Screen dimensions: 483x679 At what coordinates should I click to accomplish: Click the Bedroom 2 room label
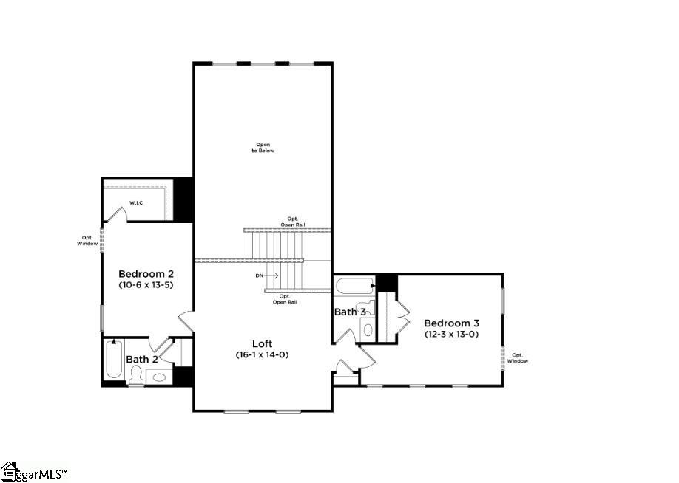(146, 273)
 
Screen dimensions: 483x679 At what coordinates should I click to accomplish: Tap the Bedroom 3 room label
(451, 323)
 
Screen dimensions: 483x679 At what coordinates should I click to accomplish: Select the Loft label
(263, 343)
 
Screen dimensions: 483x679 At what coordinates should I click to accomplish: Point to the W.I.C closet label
(136, 202)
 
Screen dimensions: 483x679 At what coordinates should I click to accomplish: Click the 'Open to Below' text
(264, 147)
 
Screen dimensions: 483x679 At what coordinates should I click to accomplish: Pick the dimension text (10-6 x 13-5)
(146, 284)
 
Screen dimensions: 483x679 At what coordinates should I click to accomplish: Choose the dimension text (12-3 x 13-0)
(451, 334)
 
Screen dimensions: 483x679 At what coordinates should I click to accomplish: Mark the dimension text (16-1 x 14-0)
(263, 354)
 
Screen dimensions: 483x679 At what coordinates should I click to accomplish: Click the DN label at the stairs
(260, 275)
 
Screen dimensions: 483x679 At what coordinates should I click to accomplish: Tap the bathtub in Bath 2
(113, 360)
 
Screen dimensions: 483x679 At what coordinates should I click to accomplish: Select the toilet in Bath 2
(135, 376)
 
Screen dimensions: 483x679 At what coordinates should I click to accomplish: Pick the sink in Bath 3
(368, 329)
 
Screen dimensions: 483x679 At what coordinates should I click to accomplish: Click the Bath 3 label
(349, 312)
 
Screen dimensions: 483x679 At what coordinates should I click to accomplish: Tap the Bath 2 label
(141, 360)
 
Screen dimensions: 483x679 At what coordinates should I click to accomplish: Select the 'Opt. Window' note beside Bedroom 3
(518, 357)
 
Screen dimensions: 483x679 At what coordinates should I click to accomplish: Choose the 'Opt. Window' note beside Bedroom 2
(87, 240)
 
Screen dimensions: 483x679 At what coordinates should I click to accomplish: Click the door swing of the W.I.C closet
(115, 212)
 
